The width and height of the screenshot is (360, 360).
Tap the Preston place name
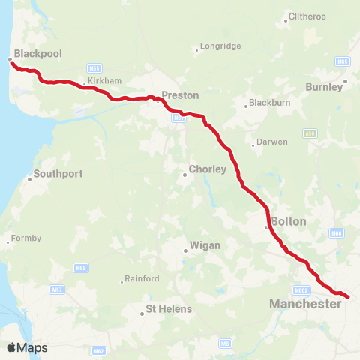[x=181, y=95]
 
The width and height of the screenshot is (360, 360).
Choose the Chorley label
[x=208, y=169]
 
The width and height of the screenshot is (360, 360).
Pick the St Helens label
[x=169, y=308]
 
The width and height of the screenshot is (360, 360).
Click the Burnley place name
[x=324, y=87]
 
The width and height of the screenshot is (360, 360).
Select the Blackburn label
[x=269, y=102]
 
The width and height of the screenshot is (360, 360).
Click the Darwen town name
[x=272, y=142]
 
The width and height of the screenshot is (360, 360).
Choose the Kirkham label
[x=104, y=79]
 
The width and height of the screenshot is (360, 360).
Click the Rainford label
[x=142, y=278]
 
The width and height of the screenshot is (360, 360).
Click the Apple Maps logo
[x=27, y=347]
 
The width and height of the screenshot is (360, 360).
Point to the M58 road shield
[x=80, y=268]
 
